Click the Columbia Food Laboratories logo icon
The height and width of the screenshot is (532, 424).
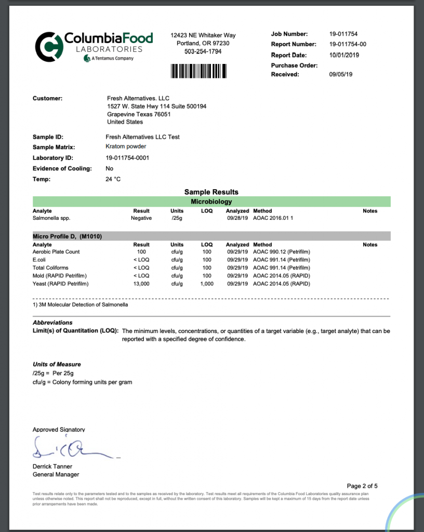(x=48, y=46)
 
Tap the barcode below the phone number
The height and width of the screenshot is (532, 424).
(x=203, y=70)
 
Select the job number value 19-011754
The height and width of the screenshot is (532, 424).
(x=344, y=34)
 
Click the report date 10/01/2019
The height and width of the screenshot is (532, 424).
(x=344, y=55)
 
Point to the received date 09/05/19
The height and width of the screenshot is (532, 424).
(x=341, y=74)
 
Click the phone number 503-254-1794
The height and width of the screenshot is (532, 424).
(x=203, y=52)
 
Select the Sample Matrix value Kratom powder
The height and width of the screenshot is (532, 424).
(x=125, y=147)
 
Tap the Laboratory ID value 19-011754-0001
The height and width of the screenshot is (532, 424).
(x=127, y=158)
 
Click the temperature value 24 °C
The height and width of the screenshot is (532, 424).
(x=113, y=179)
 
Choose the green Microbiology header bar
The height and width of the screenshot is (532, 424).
(x=211, y=202)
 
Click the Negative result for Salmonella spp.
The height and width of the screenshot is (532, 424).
(x=141, y=218)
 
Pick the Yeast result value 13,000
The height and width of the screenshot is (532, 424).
(x=141, y=284)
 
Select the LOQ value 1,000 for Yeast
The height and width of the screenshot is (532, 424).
(x=206, y=284)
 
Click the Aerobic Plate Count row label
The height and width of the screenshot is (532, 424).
(x=56, y=251)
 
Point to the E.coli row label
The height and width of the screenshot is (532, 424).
(x=40, y=260)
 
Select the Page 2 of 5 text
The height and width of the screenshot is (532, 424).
(x=362, y=486)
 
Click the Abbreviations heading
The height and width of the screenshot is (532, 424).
(x=52, y=323)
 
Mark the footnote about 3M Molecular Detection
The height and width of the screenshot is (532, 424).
(x=80, y=305)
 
